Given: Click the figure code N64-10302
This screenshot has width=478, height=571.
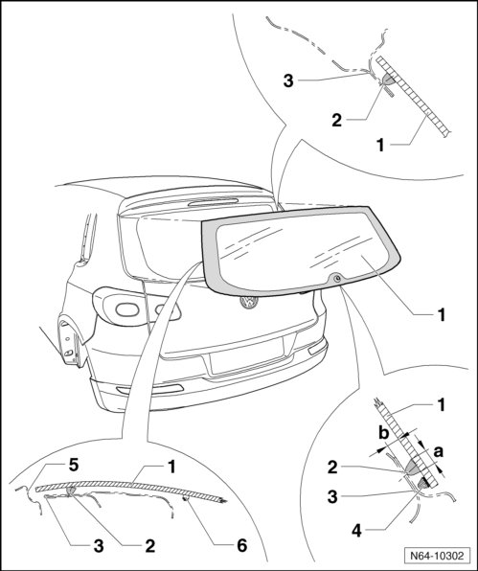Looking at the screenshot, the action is [437, 556].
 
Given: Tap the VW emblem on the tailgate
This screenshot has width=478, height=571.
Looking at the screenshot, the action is [249, 302].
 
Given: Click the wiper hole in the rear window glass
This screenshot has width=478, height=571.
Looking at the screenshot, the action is [337, 279].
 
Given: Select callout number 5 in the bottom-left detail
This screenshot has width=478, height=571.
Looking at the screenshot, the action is [74, 465].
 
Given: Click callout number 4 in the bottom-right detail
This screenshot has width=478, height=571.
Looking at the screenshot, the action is [356, 531].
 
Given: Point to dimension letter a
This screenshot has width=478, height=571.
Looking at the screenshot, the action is [439, 451].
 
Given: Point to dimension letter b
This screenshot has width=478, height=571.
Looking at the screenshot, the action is [384, 433].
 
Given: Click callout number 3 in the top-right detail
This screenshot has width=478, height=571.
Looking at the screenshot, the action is [288, 80].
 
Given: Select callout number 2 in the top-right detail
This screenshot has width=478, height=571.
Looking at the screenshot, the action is [337, 120].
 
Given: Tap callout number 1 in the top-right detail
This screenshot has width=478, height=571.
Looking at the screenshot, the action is [380, 146].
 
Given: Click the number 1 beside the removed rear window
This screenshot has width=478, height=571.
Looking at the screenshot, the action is [442, 314].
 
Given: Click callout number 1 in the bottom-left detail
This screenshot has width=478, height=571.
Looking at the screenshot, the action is [171, 468].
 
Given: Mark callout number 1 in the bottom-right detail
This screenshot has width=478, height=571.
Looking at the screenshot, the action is [442, 404].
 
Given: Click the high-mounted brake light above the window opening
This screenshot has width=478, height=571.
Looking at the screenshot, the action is [213, 201].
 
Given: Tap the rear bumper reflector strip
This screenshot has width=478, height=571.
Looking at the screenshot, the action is [150, 389].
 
